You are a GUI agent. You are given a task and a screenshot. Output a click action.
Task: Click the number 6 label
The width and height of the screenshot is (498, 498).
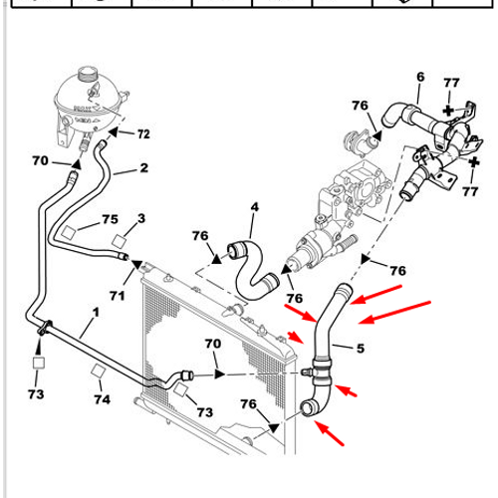click(419, 77)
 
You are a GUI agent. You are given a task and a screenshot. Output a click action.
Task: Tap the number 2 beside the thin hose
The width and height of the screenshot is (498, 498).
click(143, 168)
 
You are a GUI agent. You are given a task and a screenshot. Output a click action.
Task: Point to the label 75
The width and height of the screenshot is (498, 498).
click(111, 219)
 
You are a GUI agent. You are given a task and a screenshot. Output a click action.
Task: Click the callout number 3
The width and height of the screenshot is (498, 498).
click(141, 218)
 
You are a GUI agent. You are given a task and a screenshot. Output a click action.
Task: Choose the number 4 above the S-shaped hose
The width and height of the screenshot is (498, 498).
click(254, 207)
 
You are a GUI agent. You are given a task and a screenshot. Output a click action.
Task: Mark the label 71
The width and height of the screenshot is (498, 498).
click(117, 296)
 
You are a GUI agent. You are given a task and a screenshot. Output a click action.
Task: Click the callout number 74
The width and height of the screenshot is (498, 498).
click(101, 398)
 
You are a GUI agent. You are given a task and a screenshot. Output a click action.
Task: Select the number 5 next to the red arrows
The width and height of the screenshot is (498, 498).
click(361, 349)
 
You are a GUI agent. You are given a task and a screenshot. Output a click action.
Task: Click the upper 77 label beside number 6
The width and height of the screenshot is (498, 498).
click(450, 83)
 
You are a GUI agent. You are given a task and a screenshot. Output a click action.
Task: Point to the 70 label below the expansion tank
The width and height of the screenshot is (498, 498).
click(40, 160)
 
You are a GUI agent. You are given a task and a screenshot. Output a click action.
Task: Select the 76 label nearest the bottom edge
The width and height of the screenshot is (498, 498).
click(249, 404)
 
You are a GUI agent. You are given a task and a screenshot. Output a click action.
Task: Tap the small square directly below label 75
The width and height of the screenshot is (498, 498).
click(70, 233)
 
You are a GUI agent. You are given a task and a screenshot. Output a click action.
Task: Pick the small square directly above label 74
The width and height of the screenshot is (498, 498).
click(98, 373)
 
